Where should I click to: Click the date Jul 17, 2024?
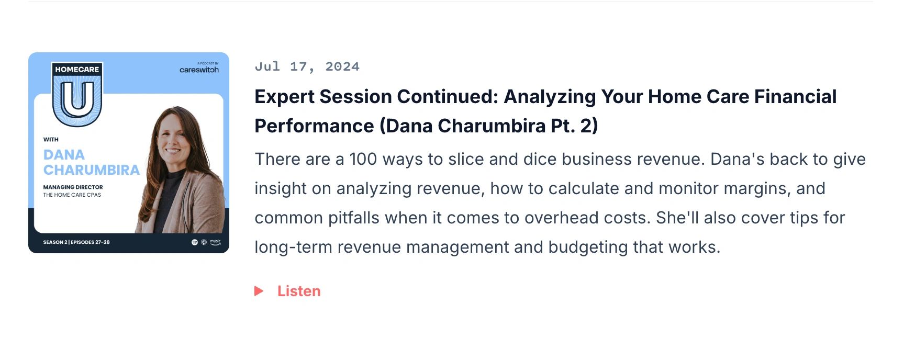click(307, 66)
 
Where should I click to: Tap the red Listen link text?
click(299, 291)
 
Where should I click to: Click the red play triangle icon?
click(259, 291)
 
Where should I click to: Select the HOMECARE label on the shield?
click(77, 70)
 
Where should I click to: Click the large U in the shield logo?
click(77, 99)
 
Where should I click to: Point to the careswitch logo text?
click(199, 70)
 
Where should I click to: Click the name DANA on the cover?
click(64, 155)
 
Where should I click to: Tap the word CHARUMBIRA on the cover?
click(92, 170)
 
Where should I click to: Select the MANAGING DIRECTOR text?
click(73, 187)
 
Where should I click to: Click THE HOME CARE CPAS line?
click(72, 195)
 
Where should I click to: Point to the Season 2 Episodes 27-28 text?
click(76, 242)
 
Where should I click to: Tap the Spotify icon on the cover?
click(195, 242)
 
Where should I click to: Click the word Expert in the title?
click(284, 97)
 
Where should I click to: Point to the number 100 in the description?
click(363, 159)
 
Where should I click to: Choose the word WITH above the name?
click(51, 140)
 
